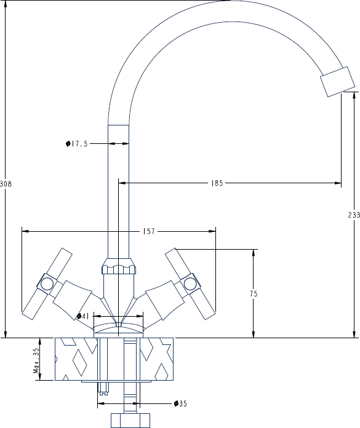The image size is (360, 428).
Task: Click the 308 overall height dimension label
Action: point(6,184)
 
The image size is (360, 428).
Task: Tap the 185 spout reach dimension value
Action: point(217,183)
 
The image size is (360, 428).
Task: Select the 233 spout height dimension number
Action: point(354,215)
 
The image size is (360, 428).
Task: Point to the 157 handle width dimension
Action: point(149,231)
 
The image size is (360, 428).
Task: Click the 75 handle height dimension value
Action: point(254,294)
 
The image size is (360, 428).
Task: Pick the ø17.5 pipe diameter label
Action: point(77,143)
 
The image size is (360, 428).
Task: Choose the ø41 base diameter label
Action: point(82,316)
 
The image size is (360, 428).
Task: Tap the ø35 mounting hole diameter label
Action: point(180,403)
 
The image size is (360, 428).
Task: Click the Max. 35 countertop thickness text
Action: point(36,360)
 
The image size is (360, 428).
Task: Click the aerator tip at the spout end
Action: point(337,82)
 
